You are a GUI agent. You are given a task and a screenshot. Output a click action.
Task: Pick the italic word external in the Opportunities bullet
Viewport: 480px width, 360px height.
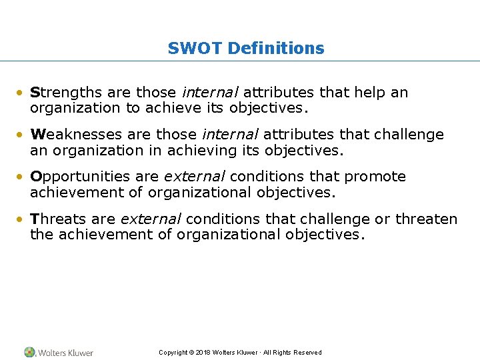click(195, 177)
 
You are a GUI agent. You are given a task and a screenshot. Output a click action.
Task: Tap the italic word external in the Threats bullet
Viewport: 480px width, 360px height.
click(151, 219)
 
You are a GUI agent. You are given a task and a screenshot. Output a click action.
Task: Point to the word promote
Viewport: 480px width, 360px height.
click(375, 177)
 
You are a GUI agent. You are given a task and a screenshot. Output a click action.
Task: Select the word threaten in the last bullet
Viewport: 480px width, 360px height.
click(427, 219)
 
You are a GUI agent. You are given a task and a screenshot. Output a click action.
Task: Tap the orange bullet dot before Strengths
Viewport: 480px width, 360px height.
click(22, 93)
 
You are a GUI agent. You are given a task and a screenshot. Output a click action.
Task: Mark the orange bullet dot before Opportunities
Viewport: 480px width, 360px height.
click(22, 177)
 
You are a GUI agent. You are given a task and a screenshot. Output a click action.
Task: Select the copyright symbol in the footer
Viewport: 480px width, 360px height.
click(191, 353)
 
